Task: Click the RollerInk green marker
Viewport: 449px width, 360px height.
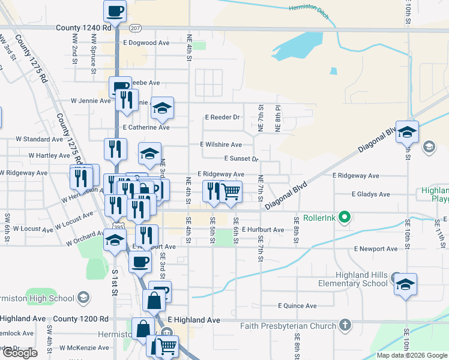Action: click(x=344, y=217)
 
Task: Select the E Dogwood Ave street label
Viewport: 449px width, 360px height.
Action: click(x=146, y=43)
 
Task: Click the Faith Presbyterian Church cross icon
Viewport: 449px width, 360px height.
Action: click(x=345, y=326)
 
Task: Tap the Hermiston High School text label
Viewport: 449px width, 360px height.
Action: click(x=36, y=298)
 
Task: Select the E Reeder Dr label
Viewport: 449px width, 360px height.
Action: click(x=222, y=117)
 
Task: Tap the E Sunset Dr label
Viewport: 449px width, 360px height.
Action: click(x=241, y=159)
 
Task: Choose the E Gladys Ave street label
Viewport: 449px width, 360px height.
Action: click(x=370, y=194)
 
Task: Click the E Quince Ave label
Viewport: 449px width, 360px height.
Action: click(x=297, y=305)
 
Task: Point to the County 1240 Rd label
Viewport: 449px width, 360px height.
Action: click(x=83, y=28)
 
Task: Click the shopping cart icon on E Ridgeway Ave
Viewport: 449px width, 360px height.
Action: click(x=231, y=191)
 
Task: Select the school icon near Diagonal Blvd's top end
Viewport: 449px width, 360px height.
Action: click(x=408, y=131)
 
